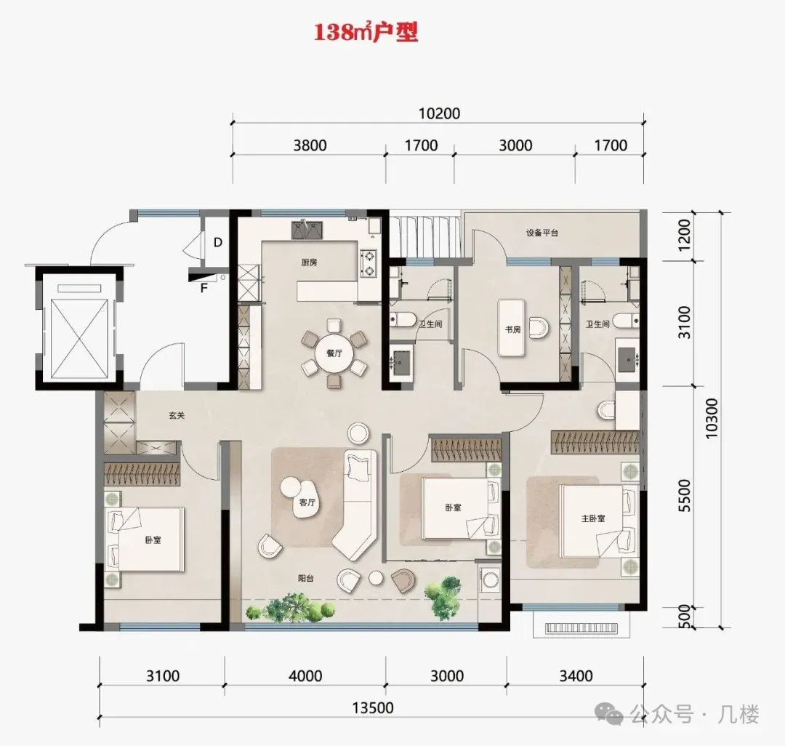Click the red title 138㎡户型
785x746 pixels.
tap(366, 33)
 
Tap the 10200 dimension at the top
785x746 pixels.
tap(439, 113)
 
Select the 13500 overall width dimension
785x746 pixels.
tap(372, 707)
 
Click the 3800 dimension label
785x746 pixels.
tap(310, 145)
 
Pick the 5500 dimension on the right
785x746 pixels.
tap(684, 495)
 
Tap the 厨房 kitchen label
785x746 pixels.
tap(309, 262)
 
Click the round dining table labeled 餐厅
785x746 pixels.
tap(334, 353)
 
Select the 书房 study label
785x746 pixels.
tap(512, 329)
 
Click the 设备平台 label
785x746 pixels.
tap(542, 233)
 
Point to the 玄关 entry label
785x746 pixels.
tap(177, 415)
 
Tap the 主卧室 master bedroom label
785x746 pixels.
tap(593, 518)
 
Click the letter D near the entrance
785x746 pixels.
tap(218, 242)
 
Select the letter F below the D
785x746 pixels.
tap(204, 288)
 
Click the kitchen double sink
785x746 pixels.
tap(307, 230)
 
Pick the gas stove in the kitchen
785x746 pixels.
tap(368, 263)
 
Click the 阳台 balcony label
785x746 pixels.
tap(306, 578)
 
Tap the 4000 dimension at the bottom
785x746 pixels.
tap(305, 676)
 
